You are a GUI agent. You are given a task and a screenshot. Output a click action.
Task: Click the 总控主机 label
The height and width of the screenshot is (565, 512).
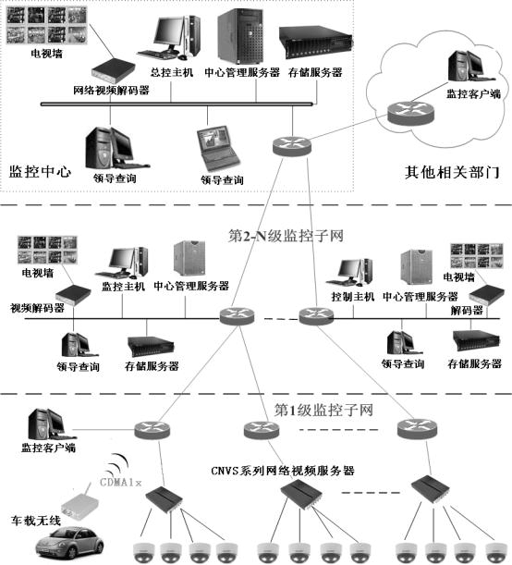172,72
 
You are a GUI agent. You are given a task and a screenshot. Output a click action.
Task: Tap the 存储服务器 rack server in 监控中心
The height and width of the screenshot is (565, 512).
315,42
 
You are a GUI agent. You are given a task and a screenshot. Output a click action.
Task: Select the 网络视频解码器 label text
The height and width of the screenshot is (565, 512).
111,90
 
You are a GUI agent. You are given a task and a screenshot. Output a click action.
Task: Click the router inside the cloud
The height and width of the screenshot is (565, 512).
411,113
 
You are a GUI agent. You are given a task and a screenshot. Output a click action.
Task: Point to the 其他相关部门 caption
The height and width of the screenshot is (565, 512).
452,172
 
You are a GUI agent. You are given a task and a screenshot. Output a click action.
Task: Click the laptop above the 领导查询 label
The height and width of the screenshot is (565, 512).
218,149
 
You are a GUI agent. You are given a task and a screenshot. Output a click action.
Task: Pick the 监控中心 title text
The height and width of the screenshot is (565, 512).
40,171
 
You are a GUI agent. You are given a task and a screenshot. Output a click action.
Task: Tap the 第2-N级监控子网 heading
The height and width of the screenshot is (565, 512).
286,236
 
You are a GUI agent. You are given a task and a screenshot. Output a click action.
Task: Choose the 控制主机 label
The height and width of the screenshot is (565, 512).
353,297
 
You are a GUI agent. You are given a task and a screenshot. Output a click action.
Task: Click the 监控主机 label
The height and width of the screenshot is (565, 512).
123,287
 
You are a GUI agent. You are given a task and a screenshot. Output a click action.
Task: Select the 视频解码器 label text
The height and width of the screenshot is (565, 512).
38,308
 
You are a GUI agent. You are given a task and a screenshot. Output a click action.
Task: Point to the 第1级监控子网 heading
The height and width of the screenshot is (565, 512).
323,410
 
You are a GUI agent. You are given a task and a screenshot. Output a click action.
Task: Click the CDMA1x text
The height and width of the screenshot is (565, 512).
121,482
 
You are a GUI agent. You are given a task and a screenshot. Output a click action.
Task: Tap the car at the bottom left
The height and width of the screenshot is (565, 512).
69,543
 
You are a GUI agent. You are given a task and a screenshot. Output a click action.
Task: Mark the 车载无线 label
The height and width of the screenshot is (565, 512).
36,521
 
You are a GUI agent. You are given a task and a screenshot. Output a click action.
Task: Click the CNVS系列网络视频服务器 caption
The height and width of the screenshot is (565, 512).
283,471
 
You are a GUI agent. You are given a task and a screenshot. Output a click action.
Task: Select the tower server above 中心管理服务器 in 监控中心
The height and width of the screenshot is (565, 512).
240,36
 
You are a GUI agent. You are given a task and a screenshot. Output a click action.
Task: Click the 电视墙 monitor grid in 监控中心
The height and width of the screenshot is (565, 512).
47,25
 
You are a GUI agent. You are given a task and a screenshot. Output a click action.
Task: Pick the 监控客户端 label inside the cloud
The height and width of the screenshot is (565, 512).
473,94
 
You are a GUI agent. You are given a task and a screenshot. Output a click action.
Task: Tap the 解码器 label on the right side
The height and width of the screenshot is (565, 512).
467,310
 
